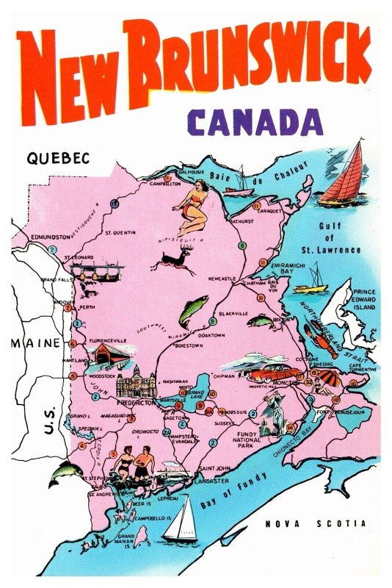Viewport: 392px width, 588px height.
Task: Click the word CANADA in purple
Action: [x=254, y=121]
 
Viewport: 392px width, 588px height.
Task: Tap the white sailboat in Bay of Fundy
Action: [x=181, y=520]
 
